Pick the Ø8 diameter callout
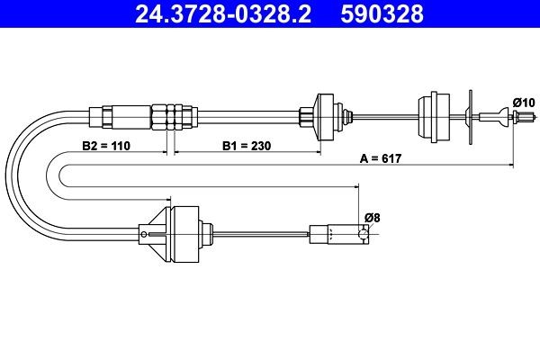tap(372, 216)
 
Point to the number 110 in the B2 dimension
tap(117, 144)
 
